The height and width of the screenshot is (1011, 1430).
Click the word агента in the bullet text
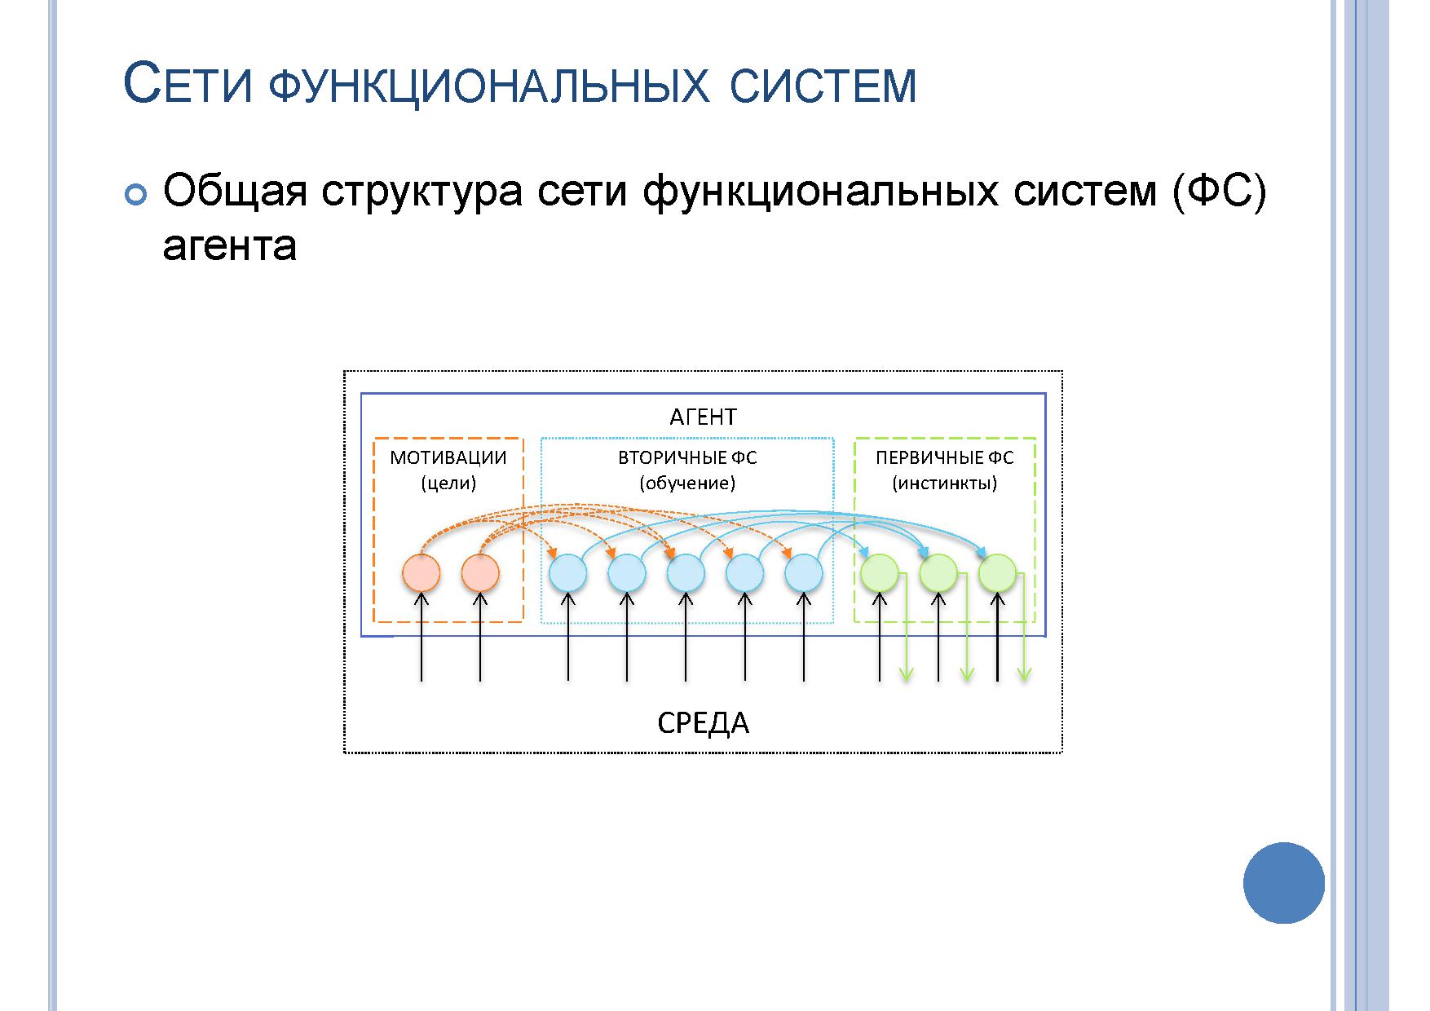point(230,246)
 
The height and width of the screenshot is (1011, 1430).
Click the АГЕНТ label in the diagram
point(703,417)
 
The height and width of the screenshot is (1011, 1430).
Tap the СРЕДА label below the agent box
point(703,723)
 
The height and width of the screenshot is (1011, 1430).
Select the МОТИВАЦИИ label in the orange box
point(448,457)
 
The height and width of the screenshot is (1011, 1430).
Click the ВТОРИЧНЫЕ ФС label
point(687,457)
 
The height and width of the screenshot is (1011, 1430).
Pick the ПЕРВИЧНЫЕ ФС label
point(945,457)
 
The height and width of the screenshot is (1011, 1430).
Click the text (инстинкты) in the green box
point(945,483)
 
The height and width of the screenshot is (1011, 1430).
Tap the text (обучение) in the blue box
point(687,483)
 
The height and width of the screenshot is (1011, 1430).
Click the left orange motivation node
point(421,573)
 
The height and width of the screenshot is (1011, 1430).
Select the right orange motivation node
point(480,573)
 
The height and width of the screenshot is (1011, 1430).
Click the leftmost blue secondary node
point(568,573)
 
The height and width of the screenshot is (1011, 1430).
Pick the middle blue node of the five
point(686,573)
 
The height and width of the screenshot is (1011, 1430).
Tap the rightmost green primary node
point(997,573)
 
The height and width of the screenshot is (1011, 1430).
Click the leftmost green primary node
point(880,573)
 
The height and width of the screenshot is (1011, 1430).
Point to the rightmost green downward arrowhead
point(1025,674)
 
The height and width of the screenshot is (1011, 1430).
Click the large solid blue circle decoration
point(1284,883)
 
